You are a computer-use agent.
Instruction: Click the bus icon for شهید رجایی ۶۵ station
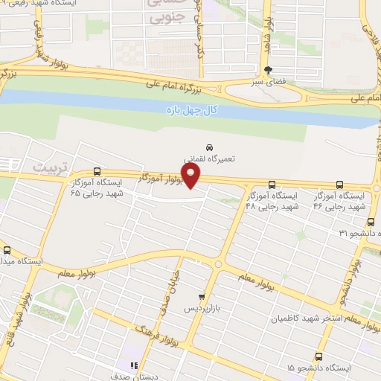[96, 170]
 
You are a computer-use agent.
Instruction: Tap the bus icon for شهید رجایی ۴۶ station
[339, 185]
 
